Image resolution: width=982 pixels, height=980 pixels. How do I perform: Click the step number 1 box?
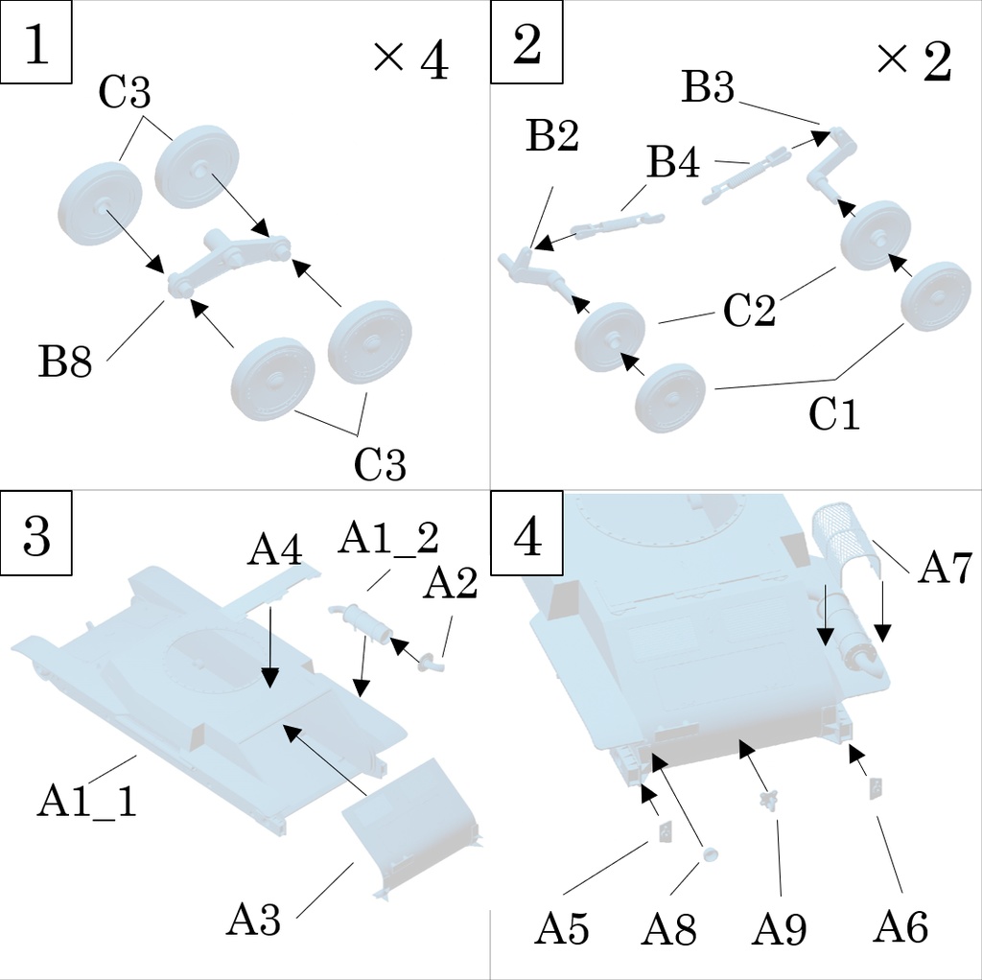click(x=36, y=46)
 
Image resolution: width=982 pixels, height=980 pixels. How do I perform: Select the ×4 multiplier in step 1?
click(x=410, y=61)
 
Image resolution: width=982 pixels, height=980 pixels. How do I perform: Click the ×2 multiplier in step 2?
click(x=913, y=61)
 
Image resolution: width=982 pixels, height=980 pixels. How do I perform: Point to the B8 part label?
click(x=65, y=362)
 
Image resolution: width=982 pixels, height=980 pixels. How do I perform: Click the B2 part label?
click(x=552, y=137)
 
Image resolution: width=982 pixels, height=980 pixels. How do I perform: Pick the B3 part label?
click(x=708, y=88)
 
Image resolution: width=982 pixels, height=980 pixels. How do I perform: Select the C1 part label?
click(x=834, y=414)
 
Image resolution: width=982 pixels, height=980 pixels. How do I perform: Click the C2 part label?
click(x=749, y=310)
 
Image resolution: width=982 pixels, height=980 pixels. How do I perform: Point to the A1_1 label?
click(x=86, y=799)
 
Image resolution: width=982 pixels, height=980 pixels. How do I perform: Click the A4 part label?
click(x=275, y=550)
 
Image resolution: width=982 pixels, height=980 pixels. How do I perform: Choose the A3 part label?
click(x=254, y=921)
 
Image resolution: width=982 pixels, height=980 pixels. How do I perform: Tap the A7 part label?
click(x=946, y=569)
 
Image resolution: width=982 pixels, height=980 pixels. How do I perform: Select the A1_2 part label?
click(x=387, y=540)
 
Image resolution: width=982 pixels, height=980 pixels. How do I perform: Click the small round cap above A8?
click(x=711, y=854)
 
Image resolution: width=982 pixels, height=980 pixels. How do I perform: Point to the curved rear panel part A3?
click(x=412, y=829)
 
